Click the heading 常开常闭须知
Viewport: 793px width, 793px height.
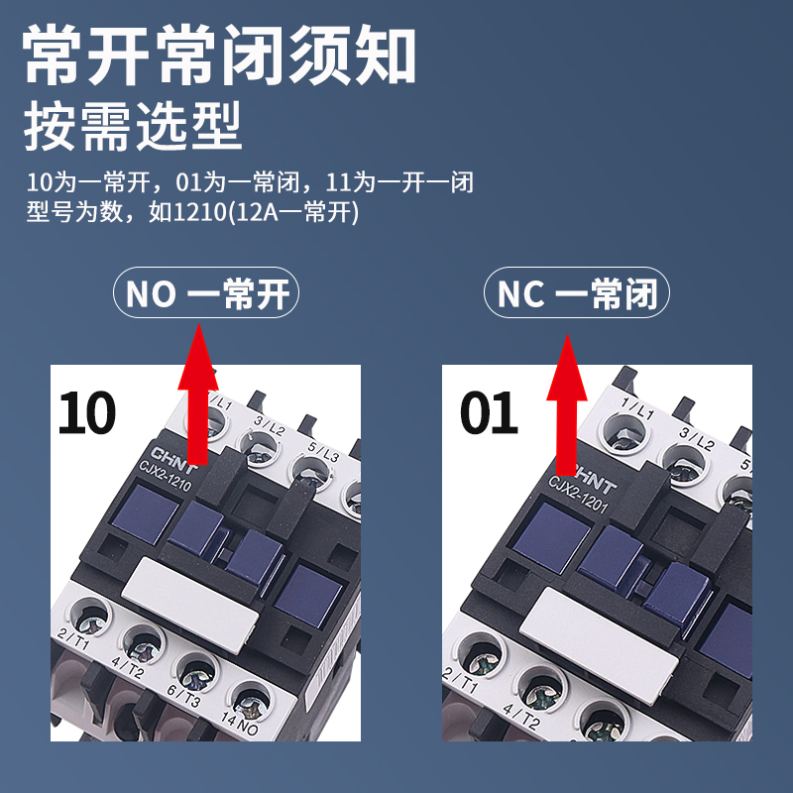pos(219,56)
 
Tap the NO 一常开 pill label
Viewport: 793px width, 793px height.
pos(207,294)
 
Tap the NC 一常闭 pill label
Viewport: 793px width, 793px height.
pos(576,294)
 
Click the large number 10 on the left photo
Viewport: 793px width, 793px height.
pos(87,412)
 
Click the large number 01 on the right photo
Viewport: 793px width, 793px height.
pos(488,412)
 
